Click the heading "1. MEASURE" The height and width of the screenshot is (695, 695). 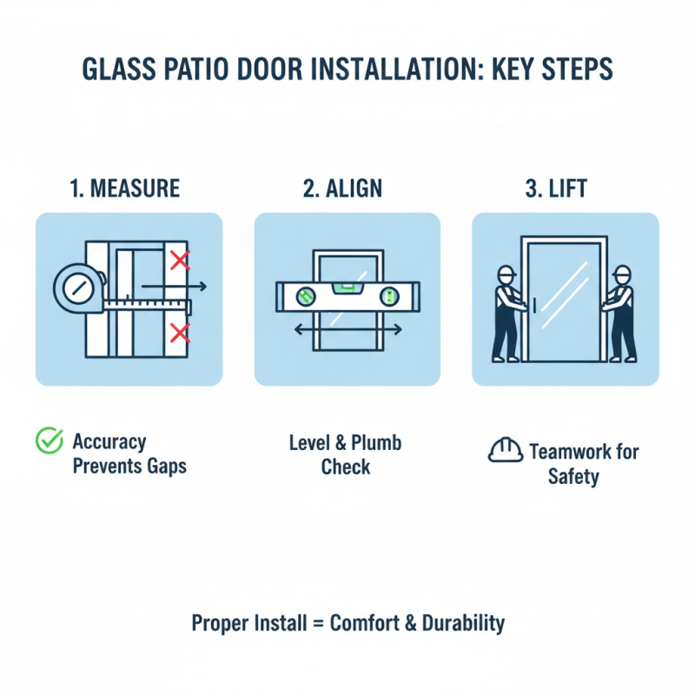click(128, 189)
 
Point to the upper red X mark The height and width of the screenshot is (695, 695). click(180, 260)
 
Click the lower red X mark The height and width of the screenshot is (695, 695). click(180, 332)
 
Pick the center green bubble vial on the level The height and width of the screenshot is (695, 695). click(347, 284)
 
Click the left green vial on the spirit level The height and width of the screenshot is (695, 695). click(305, 297)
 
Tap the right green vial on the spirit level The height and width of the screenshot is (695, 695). click(388, 297)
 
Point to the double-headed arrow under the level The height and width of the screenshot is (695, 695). click(347, 330)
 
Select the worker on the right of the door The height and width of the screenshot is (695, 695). click(621, 313)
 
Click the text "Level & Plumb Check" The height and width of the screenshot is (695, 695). click(346, 454)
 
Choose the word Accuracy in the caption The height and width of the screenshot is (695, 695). click(109, 442)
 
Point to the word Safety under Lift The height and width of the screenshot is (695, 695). click(573, 477)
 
